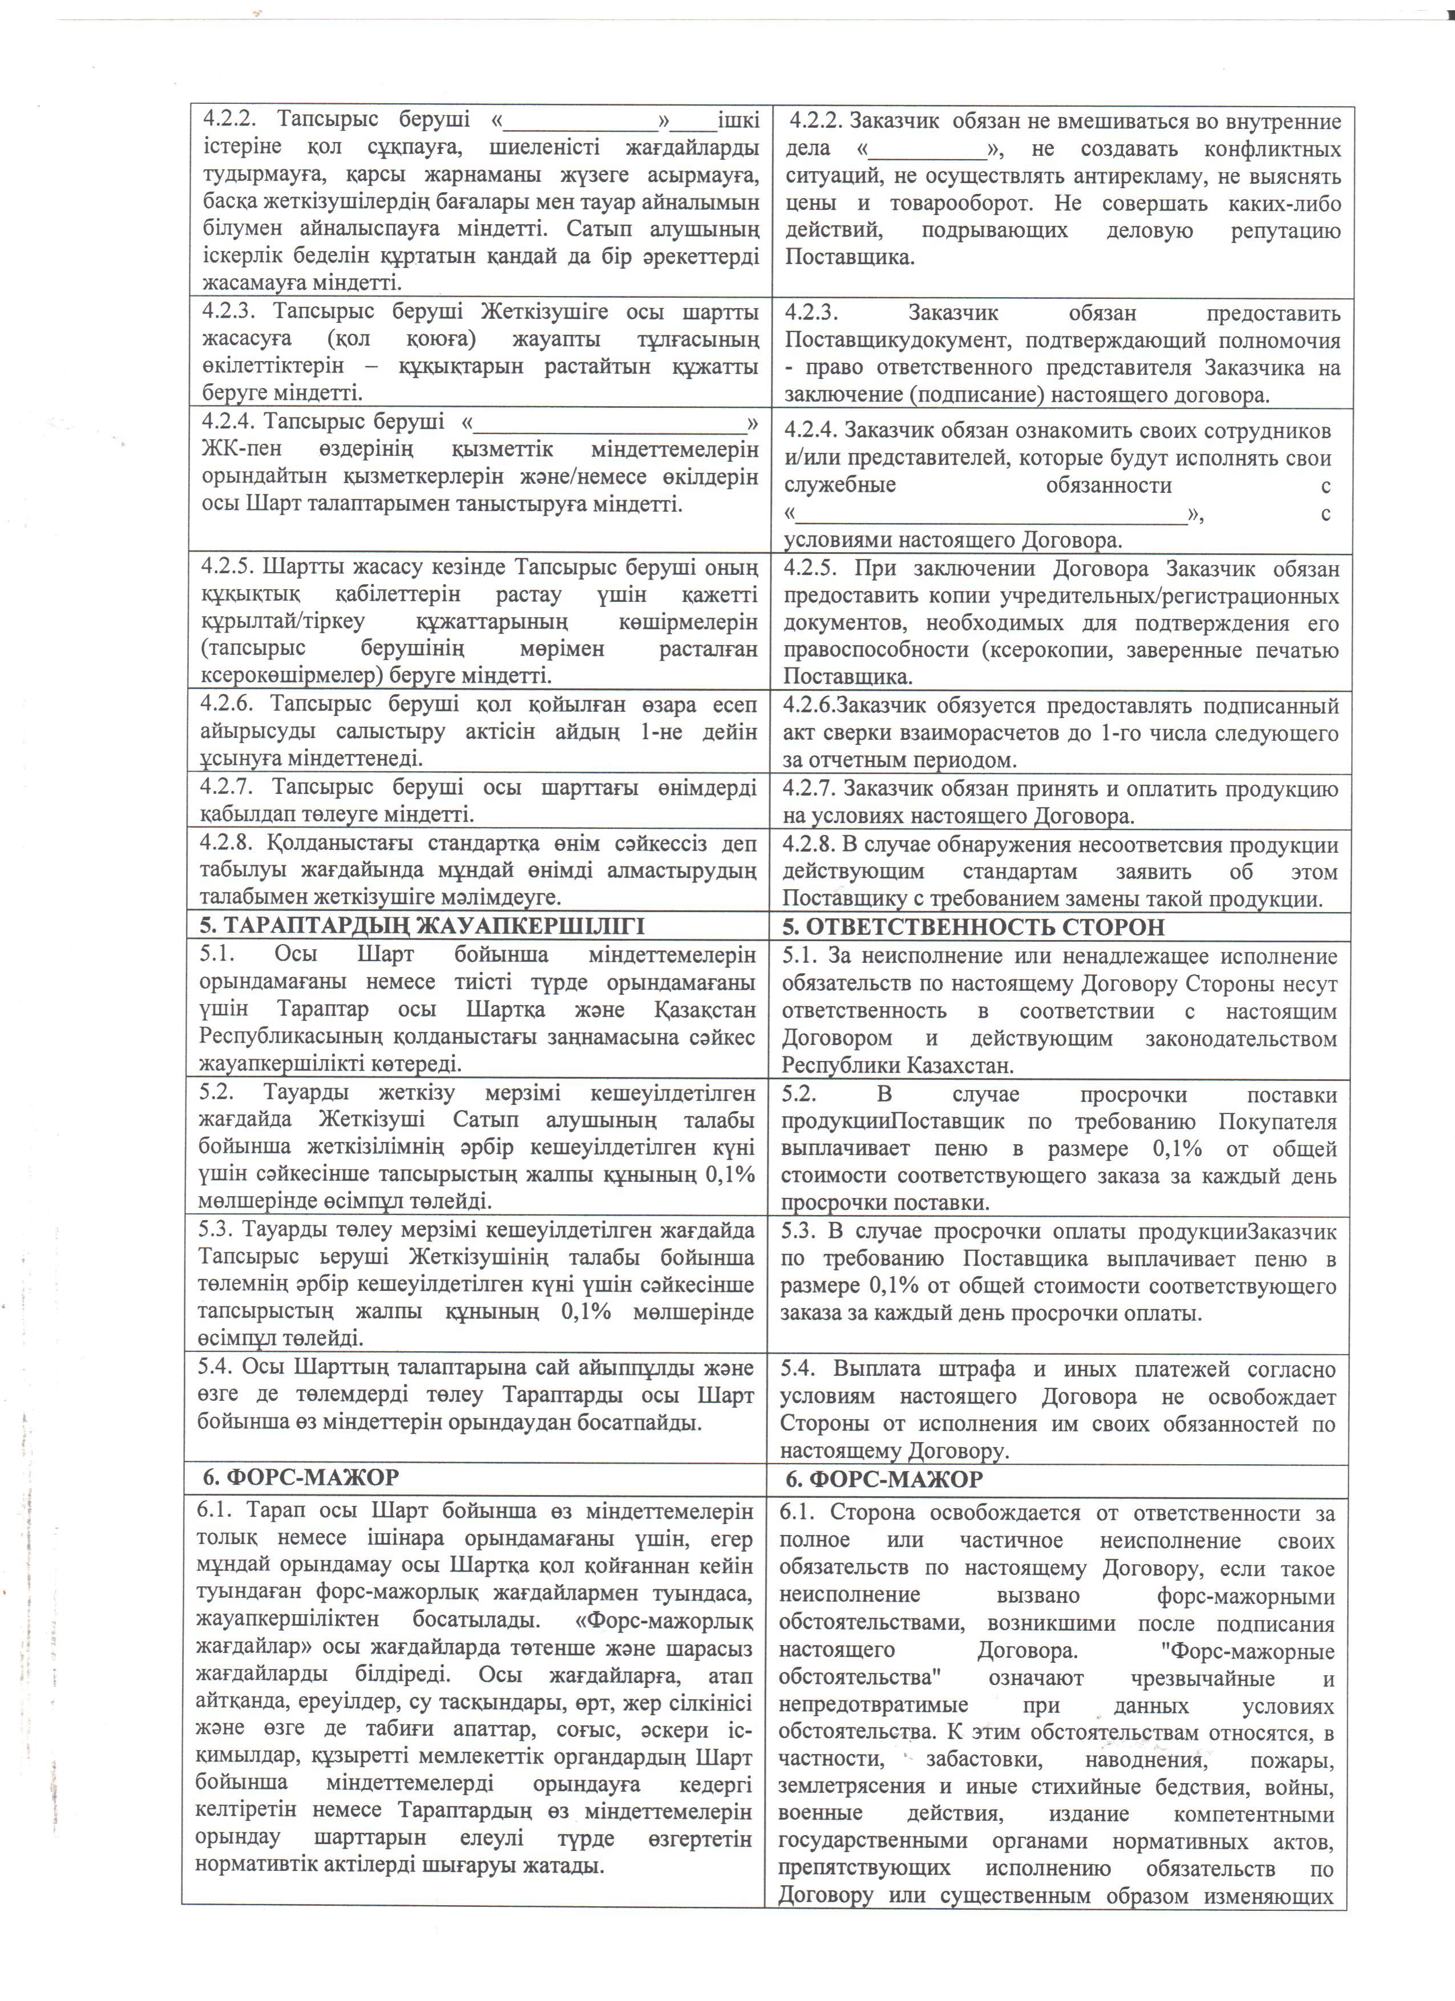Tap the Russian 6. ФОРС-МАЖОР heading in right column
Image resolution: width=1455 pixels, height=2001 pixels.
tap(883, 1480)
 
